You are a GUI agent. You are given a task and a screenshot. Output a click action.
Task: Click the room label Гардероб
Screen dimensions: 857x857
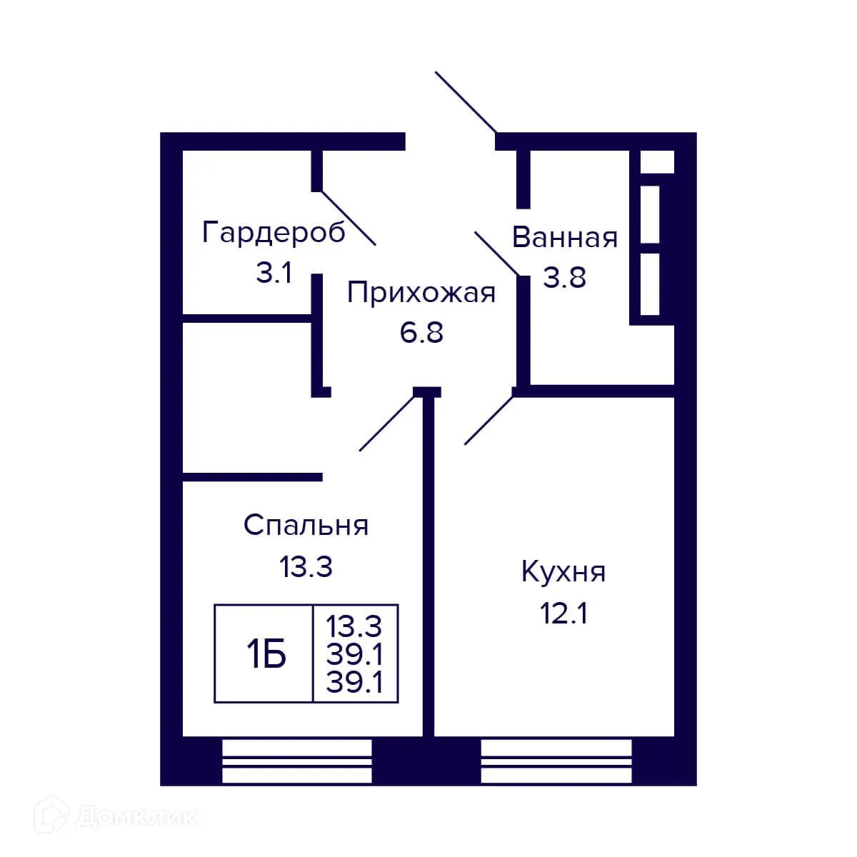click(x=274, y=233)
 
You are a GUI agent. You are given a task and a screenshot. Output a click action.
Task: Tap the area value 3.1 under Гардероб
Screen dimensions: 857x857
click(x=274, y=273)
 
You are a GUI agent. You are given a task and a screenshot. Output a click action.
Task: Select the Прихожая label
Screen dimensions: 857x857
click(x=421, y=293)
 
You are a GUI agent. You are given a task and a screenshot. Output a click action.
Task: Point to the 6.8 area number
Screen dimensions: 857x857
click(x=421, y=333)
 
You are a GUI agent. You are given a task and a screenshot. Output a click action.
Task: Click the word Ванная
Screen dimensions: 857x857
click(x=564, y=237)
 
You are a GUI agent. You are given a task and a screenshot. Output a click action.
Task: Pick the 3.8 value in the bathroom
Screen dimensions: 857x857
click(x=564, y=277)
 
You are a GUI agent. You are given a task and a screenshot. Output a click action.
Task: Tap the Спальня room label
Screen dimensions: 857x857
click(x=306, y=526)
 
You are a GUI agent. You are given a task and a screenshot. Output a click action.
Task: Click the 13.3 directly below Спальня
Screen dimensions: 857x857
click(x=306, y=568)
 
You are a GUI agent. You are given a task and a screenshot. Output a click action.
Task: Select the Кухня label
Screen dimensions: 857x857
click(x=563, y=572)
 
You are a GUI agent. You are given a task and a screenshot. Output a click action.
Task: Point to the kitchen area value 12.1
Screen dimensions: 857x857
click(x=563, y=613)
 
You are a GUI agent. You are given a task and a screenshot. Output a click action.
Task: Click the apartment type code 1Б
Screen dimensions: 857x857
click(x=266, y=654)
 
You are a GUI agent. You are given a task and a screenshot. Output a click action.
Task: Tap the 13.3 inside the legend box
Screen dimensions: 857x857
click(x=354, y=627)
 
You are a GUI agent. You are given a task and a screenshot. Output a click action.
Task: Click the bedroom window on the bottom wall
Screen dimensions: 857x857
click(x=297, y=761)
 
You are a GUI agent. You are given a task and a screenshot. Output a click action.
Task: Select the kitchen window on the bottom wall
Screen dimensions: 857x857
click(x=556, y=761)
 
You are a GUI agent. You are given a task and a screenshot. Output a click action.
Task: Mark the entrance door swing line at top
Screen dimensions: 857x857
click(x=466, y=103)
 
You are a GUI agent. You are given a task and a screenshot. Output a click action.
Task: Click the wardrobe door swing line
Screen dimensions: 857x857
click(x=348, y=218)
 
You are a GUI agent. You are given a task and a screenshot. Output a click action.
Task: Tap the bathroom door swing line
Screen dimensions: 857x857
click(x=498, y=252)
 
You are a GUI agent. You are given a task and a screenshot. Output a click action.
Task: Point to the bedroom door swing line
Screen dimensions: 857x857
click(x=386, y=423)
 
